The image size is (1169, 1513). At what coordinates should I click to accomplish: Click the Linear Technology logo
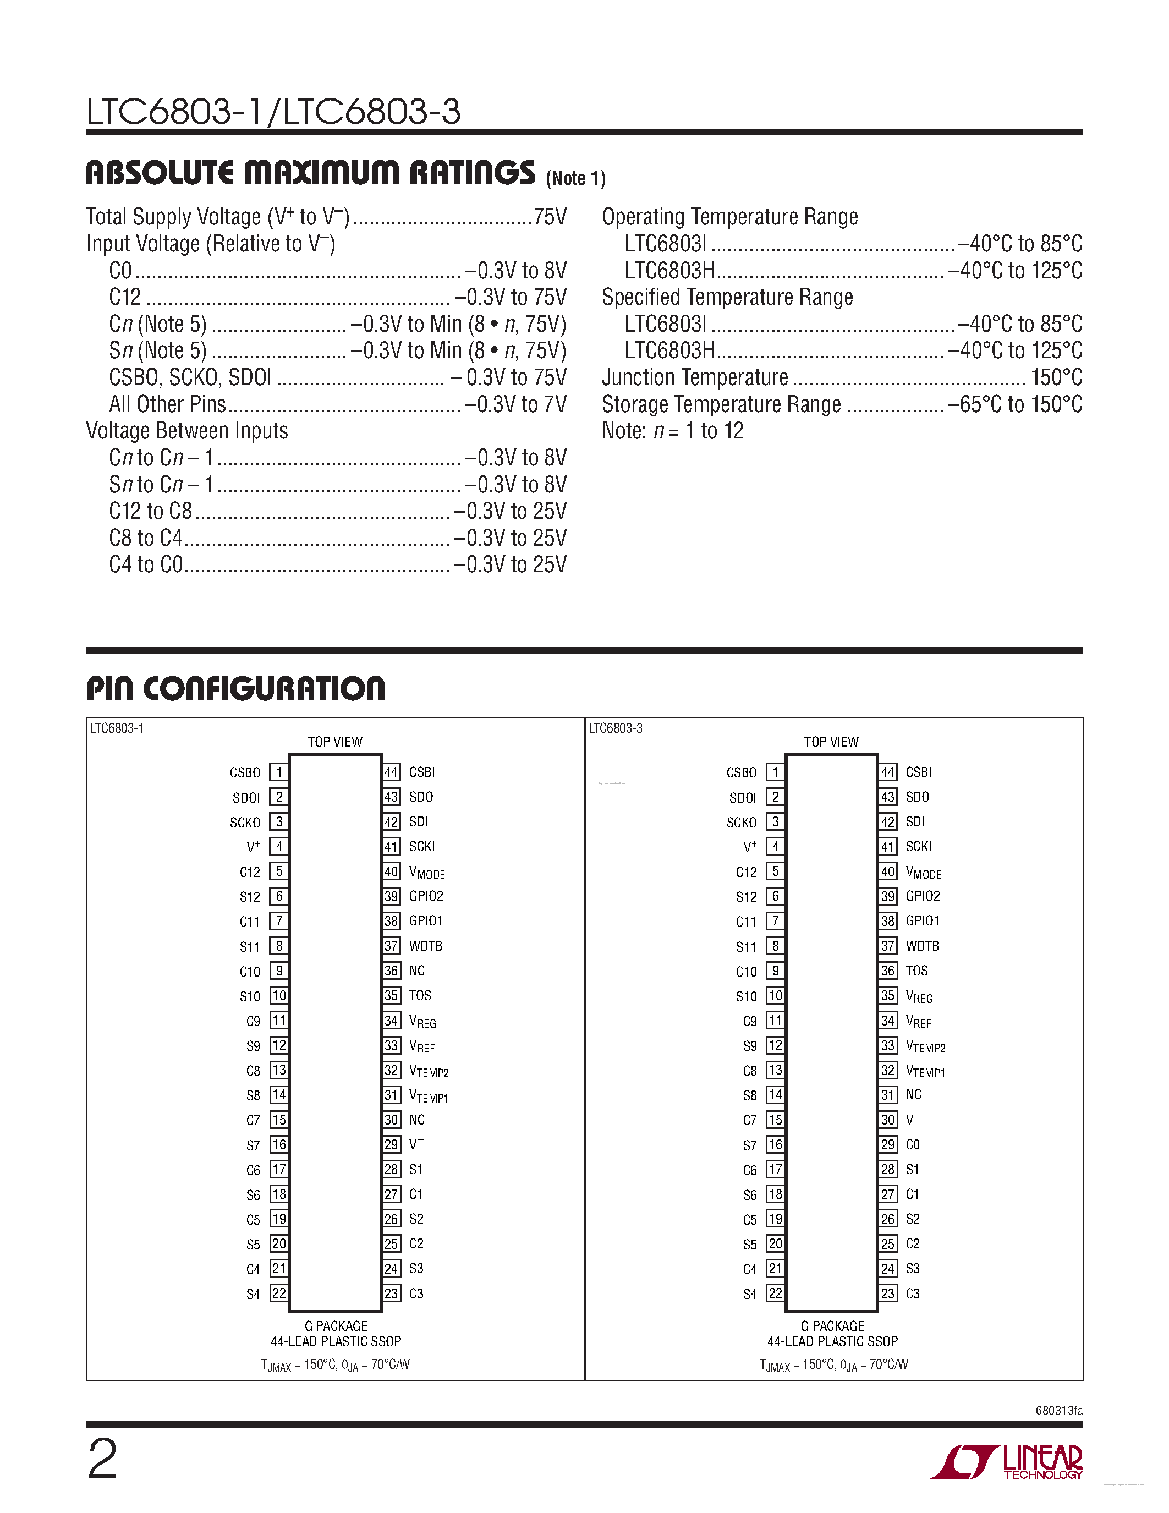(x=1008, y=1461)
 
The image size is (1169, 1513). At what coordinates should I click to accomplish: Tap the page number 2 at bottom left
(x=102, y=1459)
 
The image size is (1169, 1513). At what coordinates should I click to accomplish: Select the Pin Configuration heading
(x=235, y=689)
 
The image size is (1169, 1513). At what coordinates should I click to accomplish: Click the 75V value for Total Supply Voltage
(x=550, y=217)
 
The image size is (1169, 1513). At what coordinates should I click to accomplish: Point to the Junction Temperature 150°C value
(x=1056, y=377)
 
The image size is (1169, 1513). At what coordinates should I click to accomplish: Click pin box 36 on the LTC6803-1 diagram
(x=391, y=971)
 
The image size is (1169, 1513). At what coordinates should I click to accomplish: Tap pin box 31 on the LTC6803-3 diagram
(x=888, y=1094)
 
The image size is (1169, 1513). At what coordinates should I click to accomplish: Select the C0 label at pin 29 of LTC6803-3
(x=913, y=1144)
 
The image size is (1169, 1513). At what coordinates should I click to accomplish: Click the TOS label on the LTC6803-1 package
(x=420, y=995)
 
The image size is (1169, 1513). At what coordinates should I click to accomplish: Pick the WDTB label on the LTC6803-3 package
(x=922, y=946)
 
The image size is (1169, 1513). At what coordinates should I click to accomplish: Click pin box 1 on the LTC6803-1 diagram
(x=278, y=772)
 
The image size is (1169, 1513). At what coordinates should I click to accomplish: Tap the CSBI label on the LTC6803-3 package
(x=918, y=772)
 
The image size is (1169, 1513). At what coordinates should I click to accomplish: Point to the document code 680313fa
(x=1059, y=1411)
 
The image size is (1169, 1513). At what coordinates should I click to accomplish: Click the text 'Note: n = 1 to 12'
(x=672, y=431)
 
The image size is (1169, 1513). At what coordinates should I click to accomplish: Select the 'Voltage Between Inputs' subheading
(x=187, y=431)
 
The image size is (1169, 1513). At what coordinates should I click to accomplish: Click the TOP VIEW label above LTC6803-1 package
(x=334, y=741)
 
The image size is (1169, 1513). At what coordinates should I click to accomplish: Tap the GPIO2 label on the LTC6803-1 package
(x=426, y=896)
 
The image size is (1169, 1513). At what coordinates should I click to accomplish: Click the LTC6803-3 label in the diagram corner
(x=615, y=728)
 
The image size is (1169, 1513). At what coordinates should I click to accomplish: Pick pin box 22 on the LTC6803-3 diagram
(x=775, y=1293)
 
